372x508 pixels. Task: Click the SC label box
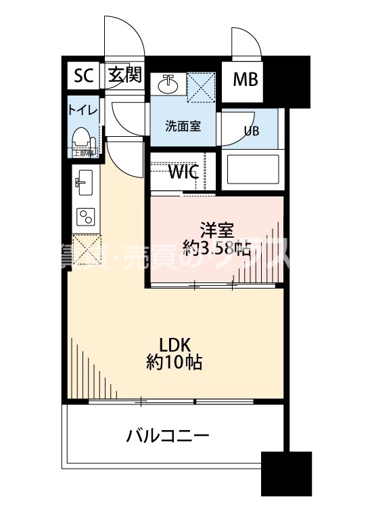[x=83, y=76]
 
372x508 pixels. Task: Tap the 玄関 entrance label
[x=124, y=76]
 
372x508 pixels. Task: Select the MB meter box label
[x=245, y=80]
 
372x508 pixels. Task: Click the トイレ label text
[x=83, y=110]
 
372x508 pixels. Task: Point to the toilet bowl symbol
[x=83, y=137]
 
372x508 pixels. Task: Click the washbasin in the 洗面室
[x=168, y=85]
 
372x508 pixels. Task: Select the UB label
[x=251, y=131]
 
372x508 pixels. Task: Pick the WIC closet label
[x=183, y=172]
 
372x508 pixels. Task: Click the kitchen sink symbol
[x=85, y=181]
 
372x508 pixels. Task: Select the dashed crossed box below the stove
[x=86, y=248]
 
